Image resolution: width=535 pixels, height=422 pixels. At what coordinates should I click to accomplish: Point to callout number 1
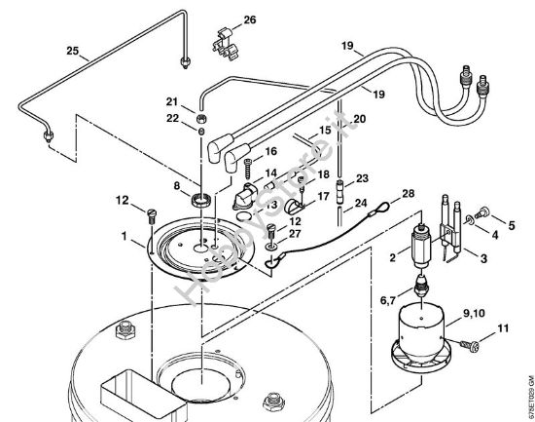coord(125,237)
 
